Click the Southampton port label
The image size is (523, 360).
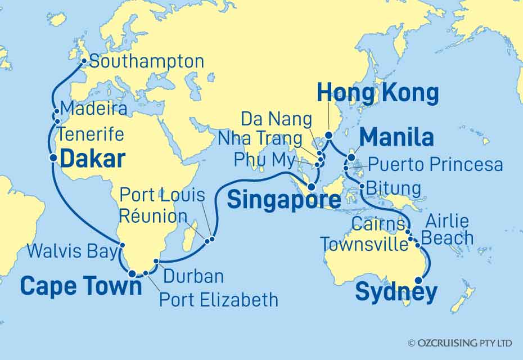coord(146,61)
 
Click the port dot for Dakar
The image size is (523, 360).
coord(53,158)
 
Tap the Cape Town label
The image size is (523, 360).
coord(81,286)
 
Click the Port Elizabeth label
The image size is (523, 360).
coord(219,299)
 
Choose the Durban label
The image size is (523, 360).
coord(193,276)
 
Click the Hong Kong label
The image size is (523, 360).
coord(378,93)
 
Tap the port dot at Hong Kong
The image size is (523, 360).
coord(329,135)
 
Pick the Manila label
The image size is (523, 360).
coord(396,137)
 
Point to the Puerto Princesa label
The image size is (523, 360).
coord(435,164)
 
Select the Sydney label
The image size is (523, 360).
coord(396,292)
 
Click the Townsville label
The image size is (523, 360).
coord(364,245)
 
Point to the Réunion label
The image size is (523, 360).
coord(154,217)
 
